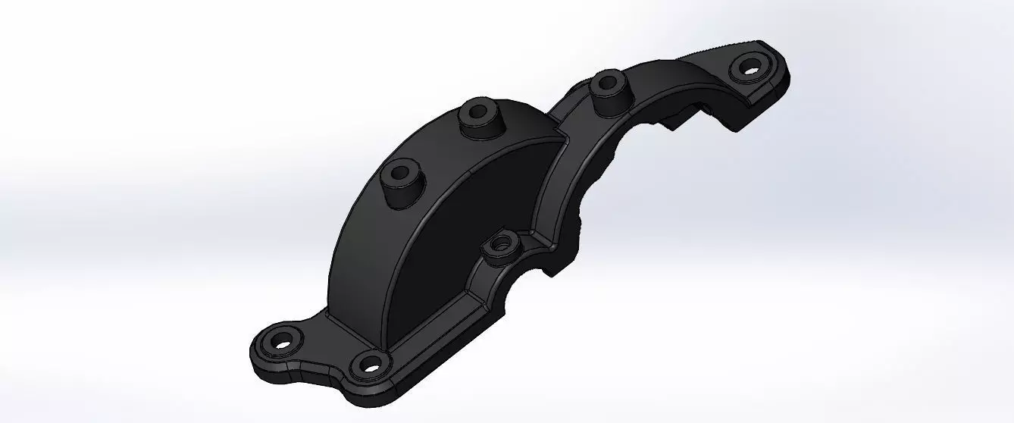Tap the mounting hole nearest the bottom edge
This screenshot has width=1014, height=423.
[369, 366]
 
